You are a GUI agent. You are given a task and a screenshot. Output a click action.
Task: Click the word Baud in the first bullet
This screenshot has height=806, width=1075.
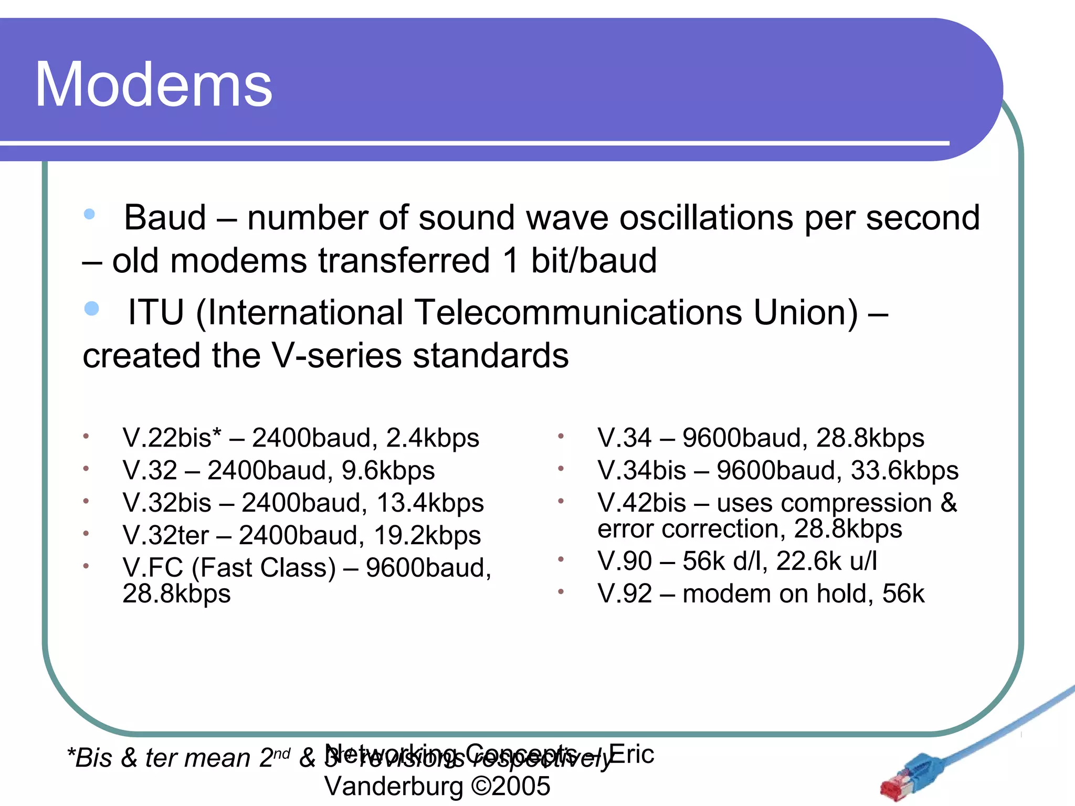click(x=165, y=217)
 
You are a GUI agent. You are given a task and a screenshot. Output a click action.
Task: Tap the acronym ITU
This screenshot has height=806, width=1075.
click(x=156, y=312)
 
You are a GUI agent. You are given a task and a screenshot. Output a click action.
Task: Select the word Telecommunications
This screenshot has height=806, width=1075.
click(x=578, y=312)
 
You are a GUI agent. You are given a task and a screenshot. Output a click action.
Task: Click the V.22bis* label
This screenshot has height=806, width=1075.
click(x=172, y=438)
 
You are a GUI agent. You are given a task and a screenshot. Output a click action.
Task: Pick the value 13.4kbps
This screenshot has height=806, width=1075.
click(x=430, y=503)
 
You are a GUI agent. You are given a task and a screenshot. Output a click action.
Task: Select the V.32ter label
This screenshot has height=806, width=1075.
click(x=165, y=535)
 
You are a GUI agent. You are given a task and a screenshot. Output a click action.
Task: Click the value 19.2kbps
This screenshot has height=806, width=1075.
click(x=427, y=535)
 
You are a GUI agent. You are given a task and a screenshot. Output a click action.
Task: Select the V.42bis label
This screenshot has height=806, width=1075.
click(x=641, y=503)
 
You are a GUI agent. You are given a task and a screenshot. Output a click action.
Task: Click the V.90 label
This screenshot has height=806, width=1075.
click(x=625, y=561)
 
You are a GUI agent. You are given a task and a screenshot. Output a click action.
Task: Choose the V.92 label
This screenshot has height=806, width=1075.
click(x=625, y=593)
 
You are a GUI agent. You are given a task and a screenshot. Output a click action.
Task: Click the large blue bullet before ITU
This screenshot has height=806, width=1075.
click(x=92, y=309)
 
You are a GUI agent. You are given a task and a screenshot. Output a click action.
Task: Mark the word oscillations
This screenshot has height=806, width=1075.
click(x=706, y=217)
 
